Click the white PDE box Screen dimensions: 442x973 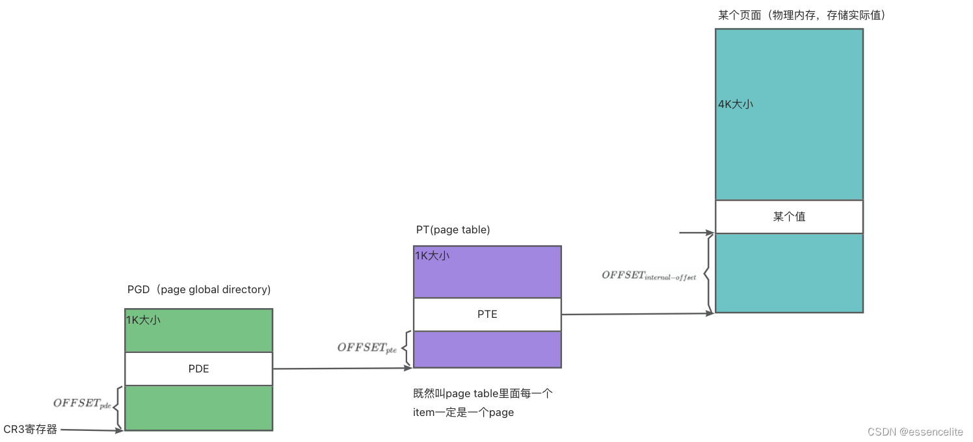(198, 369)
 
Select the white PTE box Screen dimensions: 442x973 (487, 314)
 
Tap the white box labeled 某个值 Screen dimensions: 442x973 (789, 216)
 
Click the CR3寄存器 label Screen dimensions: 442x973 (31, 429)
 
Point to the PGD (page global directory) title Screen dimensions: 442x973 (199, 289)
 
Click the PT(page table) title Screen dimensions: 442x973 (453, 229)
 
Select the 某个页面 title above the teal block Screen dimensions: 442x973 (801, 15)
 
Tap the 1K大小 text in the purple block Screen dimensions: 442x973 (432, 255)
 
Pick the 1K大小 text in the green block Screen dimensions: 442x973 (143, 319)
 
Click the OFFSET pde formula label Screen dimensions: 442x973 (83, 404)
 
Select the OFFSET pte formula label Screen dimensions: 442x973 (367, 348)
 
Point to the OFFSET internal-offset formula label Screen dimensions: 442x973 (648, 276)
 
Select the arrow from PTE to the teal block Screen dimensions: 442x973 (637, 314)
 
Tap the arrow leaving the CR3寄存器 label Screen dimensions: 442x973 (91, 429)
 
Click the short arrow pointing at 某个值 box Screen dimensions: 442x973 (696, 232)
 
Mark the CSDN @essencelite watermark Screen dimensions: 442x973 (919, 431)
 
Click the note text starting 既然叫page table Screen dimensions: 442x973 (483, 402)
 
